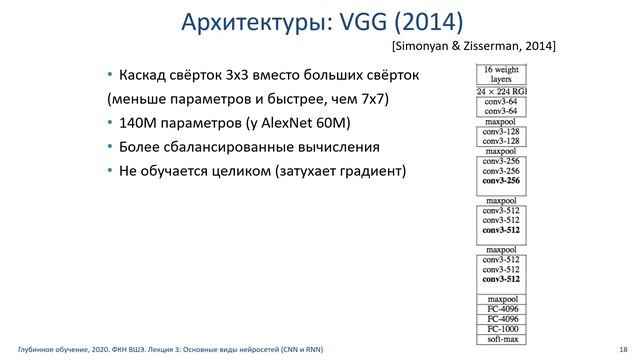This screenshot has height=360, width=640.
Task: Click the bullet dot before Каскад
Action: tap(110, 75)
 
